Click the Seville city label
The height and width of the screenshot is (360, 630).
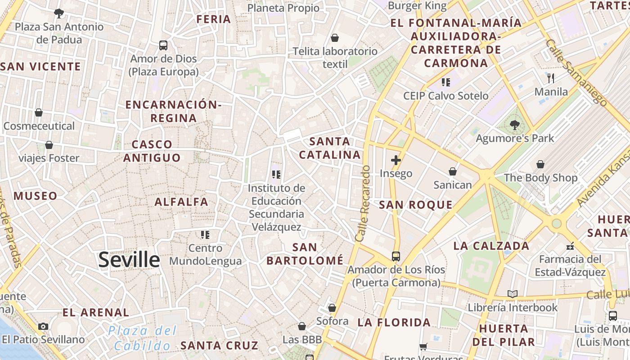pyautogui.click(x=129, y=260)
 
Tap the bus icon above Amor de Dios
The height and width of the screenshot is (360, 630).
pyautogui.click(x=163, y=45)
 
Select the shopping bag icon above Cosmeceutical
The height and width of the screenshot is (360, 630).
pyautogui.click(x=39, y=112)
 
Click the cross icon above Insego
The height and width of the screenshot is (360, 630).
pyautogui.click(x=396, y=160)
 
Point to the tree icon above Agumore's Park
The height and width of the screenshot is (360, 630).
pyautogui.click(x=515, y=125)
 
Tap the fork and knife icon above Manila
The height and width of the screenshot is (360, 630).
pyautogui.click(x=551, y=78)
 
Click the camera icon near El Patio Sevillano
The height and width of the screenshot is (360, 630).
pyautogui.click(x=43, y=326)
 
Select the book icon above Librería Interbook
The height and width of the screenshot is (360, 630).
pyautogui.click(x=513, y=294)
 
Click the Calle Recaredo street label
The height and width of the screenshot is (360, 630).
pyautogui.click(x=362, y=203)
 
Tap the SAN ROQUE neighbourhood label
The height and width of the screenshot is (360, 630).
pyautogui.click(x=415, y=205)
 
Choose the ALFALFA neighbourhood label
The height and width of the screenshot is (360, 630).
pyautogui.click(x=181, y=202)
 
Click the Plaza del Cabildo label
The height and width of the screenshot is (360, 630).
pyautogui.click(x=143, y=338)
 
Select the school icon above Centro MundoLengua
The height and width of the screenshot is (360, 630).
pyautogui.click(x=205, y=234)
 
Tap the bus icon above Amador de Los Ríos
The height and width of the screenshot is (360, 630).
pyautogui.click(x=396, y=256)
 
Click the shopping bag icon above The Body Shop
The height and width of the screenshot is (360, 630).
pyautogui.click(x=540, y=165)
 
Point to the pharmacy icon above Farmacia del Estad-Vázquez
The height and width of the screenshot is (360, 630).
pyautogui.click(x=570, y=246)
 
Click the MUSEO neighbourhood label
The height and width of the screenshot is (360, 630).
pyautogui.click(x=35, y=196)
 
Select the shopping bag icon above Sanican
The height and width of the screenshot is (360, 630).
pyautogui.click(x=453, y=171)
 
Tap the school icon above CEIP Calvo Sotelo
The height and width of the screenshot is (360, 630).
pyautogui.click(x=445, y=82)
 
